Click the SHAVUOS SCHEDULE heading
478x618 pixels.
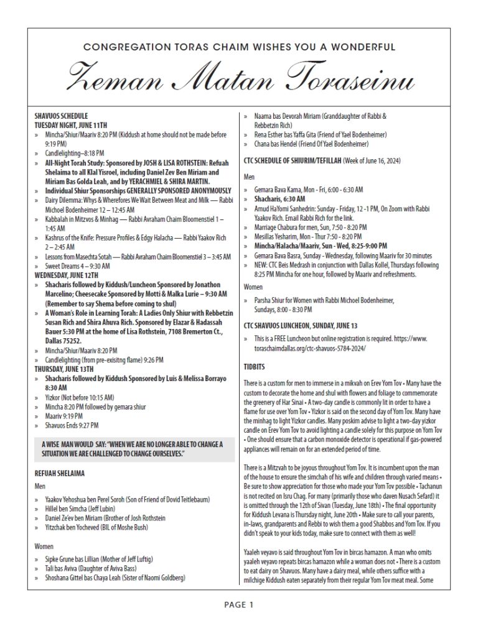pyautogui.click(x=61, y=116)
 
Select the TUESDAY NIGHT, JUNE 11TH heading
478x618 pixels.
pyautogui.click(x=72, y=124)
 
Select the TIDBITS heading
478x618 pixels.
pyautogui.click(x=253, y=367)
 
